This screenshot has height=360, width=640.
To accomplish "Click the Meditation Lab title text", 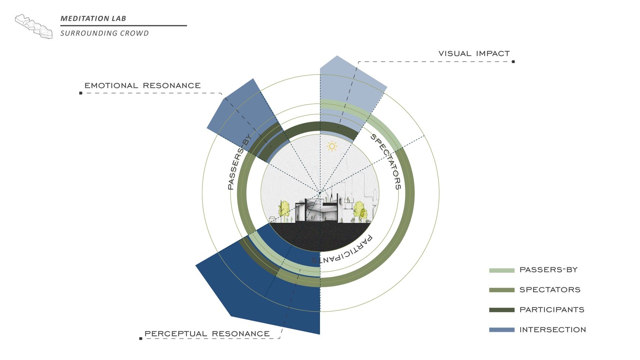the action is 93,18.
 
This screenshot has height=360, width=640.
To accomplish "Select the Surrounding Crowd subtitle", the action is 104,33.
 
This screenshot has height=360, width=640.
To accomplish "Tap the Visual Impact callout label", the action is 474,54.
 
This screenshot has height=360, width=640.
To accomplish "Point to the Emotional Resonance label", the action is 143,86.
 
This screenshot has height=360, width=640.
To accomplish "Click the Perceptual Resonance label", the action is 207,334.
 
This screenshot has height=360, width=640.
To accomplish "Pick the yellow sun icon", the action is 332,147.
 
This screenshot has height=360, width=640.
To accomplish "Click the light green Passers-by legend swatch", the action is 501,270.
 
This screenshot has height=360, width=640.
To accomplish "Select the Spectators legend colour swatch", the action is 501,290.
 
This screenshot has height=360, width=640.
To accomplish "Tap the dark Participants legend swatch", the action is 501,310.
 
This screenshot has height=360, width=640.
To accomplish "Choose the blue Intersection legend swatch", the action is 501,330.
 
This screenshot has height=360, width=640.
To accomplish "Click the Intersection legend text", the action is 553,330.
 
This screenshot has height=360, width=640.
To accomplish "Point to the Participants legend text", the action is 552,310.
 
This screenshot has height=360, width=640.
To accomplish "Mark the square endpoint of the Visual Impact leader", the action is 513,62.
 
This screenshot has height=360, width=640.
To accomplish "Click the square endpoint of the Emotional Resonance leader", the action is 81,93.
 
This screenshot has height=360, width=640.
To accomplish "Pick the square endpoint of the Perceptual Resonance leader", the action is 140,338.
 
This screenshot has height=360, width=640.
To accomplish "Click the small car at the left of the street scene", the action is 272,219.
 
